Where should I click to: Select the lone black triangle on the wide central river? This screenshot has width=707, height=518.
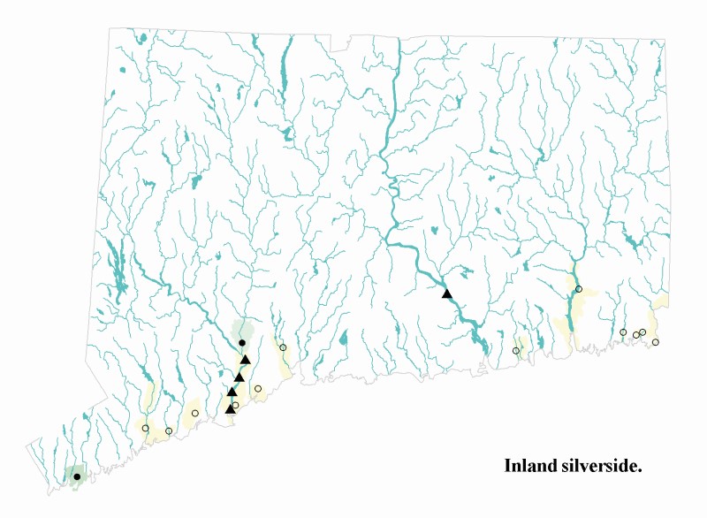point(447,293)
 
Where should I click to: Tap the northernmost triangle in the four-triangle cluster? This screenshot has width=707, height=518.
point(246,360)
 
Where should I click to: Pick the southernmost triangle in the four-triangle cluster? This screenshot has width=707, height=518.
point(231,408)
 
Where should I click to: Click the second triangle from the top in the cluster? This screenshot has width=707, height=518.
point(239,377)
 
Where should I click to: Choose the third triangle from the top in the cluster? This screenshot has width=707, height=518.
point(232,392)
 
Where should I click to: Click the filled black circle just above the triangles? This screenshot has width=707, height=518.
point(242,342)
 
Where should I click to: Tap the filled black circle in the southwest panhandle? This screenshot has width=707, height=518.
point(77,476)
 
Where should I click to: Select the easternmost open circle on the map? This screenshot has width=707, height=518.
point(655,342)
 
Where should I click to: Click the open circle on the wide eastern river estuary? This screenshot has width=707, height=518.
point(579,289)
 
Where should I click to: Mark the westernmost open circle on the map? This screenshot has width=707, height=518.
point(146,429)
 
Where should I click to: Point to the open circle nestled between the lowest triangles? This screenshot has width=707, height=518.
point(235,405)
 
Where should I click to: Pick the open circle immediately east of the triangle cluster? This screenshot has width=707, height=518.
point(258,388)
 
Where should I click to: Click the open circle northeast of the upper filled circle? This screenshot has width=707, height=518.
point(283,347)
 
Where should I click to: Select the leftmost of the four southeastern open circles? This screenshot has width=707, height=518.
point(623,332)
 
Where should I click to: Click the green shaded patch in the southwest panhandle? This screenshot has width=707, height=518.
point(74,474)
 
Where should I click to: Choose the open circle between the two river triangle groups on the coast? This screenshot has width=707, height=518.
point(516,351)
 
